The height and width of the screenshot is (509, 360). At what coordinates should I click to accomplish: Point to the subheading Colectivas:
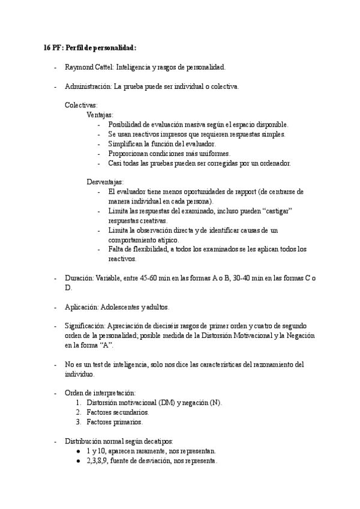pos(81,105)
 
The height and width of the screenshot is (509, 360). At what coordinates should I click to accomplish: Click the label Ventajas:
pos(100,115)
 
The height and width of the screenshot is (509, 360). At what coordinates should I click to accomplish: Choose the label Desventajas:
pos(105,182)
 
